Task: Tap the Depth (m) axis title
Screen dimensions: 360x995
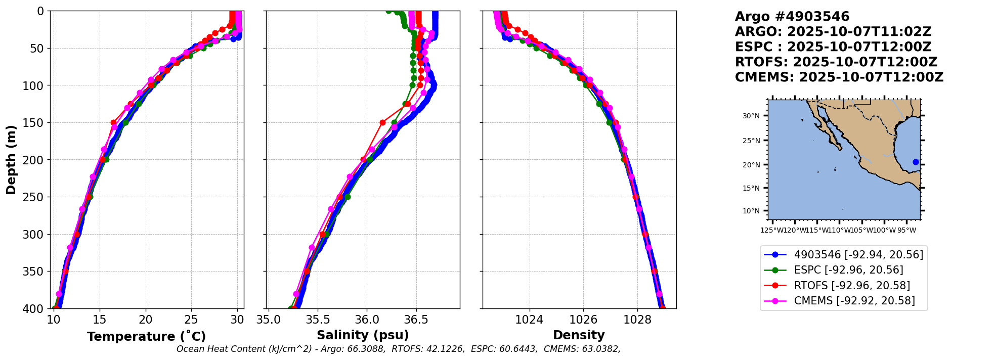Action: click(11, 160)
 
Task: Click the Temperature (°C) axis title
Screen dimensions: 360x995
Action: click(146, 337)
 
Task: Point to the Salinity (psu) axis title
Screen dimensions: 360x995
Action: click(363, 335)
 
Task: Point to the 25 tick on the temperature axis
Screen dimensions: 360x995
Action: click(191, 320)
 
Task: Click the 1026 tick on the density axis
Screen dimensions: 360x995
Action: click(583, 320)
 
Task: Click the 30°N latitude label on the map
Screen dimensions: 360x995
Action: click(751, 116)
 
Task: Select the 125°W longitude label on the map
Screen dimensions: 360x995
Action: click(771, 231)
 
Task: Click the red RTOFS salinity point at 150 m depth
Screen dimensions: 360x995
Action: click(382, 122)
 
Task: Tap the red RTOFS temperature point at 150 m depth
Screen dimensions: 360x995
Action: click(113, 122)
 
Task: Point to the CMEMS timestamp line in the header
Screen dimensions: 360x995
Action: click(839, 77)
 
